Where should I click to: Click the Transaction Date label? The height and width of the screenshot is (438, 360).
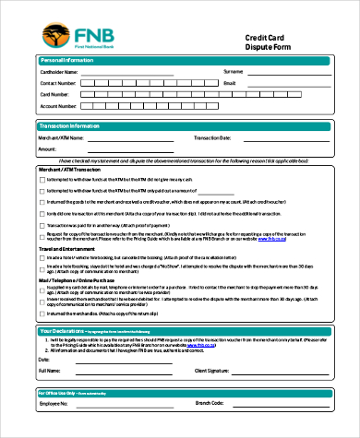pyautogui.click(x=211, y=137)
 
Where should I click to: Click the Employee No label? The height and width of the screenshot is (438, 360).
pyautogui.click(x=54, y=403)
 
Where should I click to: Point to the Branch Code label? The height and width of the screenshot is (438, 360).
pyautogui.click(x=210, y=403)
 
